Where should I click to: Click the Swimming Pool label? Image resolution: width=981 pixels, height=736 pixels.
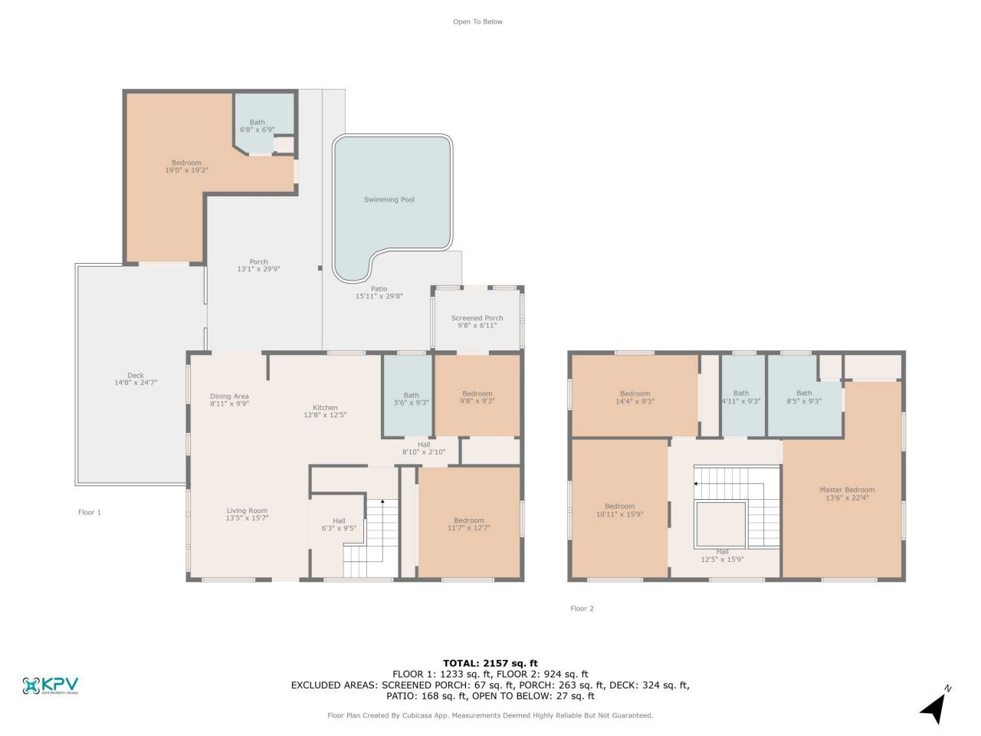point(389,199)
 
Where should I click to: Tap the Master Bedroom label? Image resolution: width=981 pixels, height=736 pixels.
point(847,490)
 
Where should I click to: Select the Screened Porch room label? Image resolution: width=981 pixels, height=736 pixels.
point(477,318)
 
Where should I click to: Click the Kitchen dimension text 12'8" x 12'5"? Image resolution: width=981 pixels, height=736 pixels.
point(325,416)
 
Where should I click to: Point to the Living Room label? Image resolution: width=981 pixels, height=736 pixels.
point(247,511)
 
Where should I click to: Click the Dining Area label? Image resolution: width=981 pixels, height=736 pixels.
point(229,396)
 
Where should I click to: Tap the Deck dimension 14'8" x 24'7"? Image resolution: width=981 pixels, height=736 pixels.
point(136,383)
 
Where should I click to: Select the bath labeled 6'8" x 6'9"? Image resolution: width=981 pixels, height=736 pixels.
point(257,126)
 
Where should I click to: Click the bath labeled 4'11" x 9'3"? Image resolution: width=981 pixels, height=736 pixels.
point(740,397)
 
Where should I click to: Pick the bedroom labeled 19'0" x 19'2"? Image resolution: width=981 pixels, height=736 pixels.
point(186,166)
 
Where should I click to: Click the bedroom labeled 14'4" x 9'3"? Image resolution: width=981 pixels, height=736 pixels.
point(635,397)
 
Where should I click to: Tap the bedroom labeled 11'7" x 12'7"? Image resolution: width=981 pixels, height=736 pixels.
point(468,524)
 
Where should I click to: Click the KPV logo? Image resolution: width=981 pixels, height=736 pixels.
point(51,685)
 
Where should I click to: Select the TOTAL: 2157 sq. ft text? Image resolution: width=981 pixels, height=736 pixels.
point(490,663)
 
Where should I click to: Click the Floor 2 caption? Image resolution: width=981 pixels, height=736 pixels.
point(582,609)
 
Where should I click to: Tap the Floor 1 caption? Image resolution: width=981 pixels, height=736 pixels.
point(90,512)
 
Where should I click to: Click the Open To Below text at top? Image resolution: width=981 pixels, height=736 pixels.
point(477,21)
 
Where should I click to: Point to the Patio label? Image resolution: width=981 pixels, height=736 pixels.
point(379,289)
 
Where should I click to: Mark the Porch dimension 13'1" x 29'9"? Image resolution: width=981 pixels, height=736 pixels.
point(258,269)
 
